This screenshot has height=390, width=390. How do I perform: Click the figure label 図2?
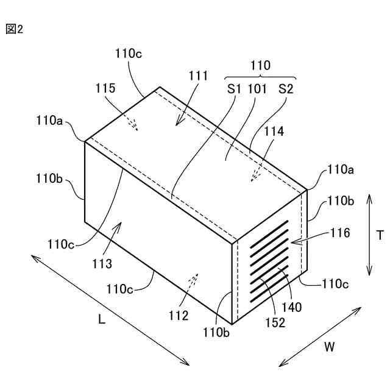[14, 29]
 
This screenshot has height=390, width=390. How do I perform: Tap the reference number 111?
[199, 76]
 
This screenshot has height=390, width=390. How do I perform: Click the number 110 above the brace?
[261, 65]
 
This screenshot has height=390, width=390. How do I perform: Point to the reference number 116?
[340, 232]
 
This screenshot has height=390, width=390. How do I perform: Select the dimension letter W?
[329, 347]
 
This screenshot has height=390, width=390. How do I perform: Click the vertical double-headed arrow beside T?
[369, 235]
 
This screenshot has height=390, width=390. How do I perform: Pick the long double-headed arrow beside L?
[111, 311]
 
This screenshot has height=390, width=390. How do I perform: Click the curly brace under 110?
[261, 78]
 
